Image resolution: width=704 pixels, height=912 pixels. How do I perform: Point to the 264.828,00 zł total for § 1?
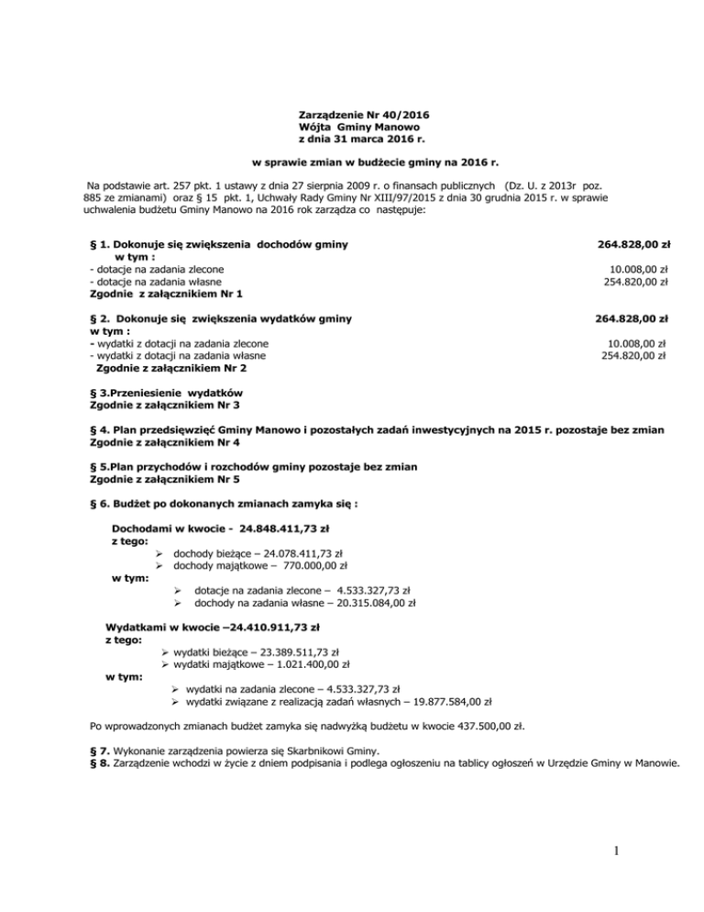(x=632, y=245)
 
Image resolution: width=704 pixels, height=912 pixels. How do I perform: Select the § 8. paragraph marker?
(x=101, y=764)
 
